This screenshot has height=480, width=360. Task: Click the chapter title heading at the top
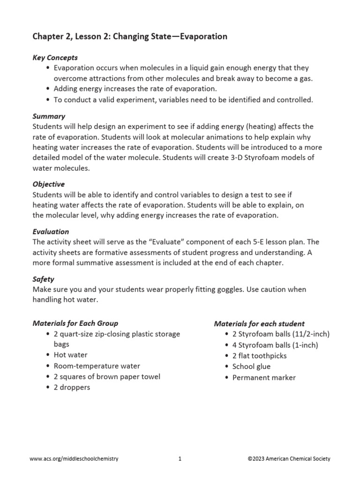pos(130,37)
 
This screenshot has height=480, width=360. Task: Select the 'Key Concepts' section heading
pos(55,58)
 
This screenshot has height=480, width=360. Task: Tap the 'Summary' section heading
pos(49,116)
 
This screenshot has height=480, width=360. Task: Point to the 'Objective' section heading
pos(49,184)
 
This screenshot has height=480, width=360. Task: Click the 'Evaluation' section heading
pos(51,232)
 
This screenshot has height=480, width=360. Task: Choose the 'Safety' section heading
pos(44,279)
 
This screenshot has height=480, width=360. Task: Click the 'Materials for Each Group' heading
pos(75,323)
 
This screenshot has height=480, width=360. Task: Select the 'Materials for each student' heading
pos(259,323)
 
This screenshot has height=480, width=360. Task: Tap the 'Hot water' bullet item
pos(70,355)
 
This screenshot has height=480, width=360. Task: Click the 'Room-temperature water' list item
pos(97,366)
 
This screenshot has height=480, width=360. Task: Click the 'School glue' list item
pos(251,366)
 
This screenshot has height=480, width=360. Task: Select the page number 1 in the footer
pos(180,459)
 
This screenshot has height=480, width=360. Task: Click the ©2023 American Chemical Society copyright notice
pos(289,459)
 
